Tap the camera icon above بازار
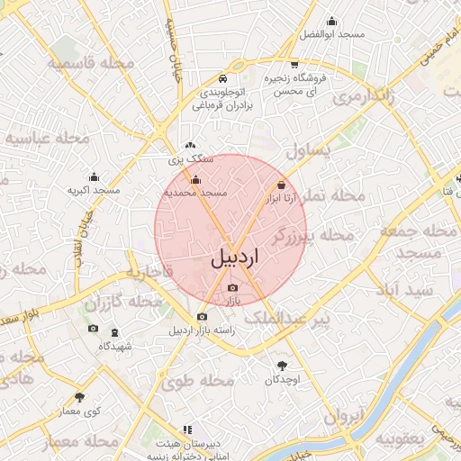[x=233, y=287]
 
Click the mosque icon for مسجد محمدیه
[x=196, y=180]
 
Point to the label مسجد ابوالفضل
[x=331, y=34]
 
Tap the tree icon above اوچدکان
[x=284, y=366]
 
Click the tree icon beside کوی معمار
[x=79, y=397]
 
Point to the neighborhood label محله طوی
[x=198, y=382]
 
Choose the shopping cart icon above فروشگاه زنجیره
[x=294, y=64]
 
